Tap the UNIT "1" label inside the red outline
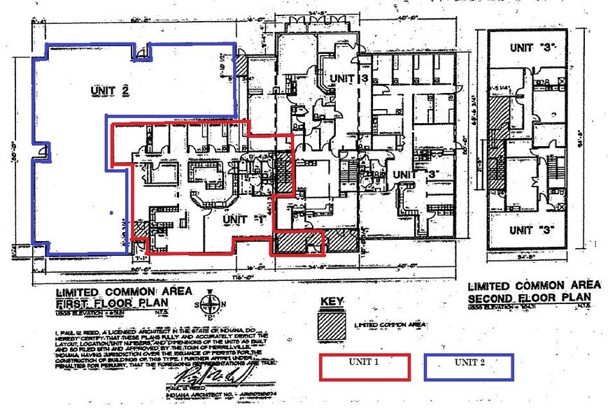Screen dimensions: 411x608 [234, 219]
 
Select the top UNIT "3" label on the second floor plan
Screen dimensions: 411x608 [529, 48]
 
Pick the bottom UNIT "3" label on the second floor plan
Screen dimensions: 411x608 [529, 230]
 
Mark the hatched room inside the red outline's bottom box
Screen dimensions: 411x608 [290, 243]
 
